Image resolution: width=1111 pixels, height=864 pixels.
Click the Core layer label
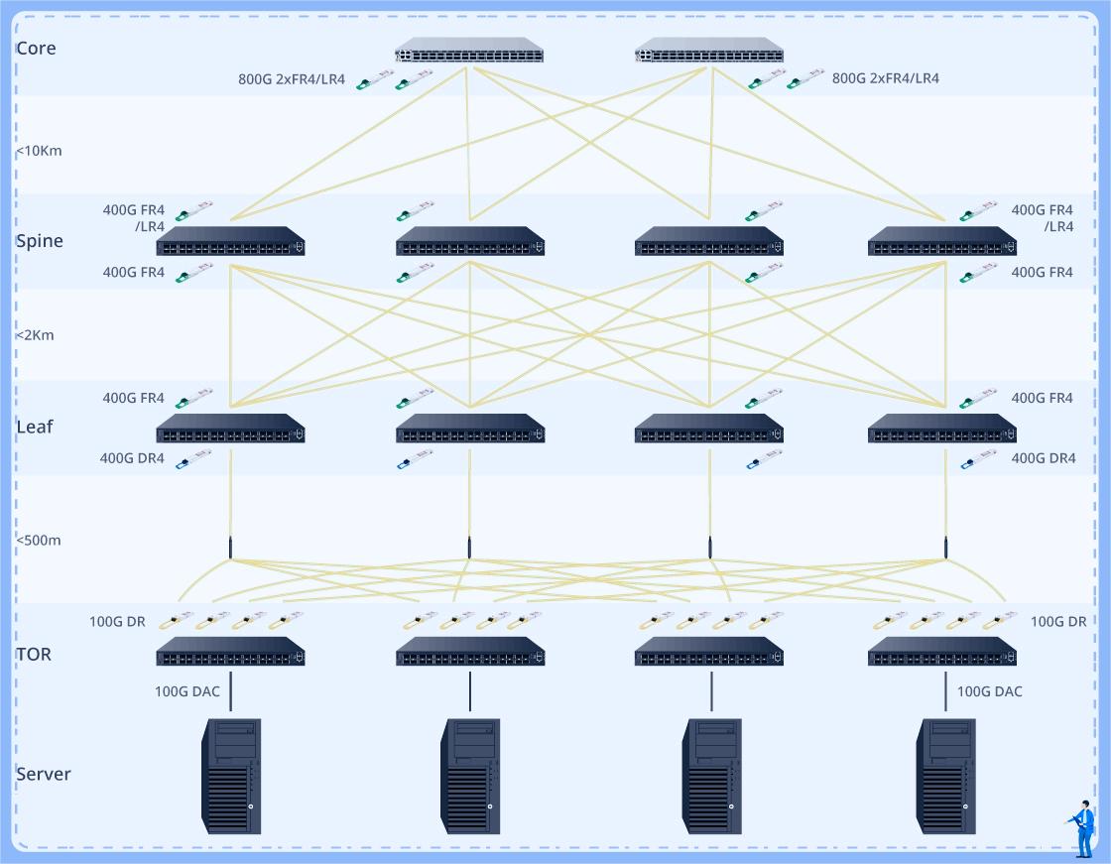[36, 49]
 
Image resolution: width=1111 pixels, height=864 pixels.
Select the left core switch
[469, 52]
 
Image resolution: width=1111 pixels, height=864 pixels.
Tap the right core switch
[708, 52]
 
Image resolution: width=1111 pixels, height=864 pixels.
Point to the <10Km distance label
[39, 151]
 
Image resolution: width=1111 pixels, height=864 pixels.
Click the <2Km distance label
[35, 335]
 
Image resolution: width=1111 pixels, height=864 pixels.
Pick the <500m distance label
[39, 541]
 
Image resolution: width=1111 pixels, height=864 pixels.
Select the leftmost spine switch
[230, 242]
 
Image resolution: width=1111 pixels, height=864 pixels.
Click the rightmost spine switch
[941, 242]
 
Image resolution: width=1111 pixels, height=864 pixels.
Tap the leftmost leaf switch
[230, 429]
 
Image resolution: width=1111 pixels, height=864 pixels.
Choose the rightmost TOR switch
[941, 652]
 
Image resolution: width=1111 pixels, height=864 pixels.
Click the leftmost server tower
[231, 776]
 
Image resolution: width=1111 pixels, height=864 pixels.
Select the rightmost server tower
[945, 776]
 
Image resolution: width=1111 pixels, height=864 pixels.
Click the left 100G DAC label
[187, 691]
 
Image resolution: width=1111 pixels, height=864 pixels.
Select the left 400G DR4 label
[132, 458]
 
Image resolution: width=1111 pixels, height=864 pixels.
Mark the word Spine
[40, 241]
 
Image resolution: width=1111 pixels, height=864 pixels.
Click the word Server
[44, 774]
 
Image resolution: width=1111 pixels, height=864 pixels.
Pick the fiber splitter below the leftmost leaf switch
[230, 548]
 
